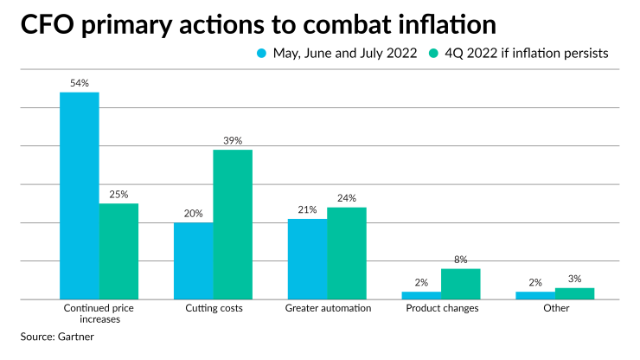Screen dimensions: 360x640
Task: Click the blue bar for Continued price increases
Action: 79,196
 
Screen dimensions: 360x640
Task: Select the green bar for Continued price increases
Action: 118,251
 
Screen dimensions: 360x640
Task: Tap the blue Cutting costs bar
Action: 193,260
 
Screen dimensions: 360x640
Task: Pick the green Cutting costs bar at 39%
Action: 233,224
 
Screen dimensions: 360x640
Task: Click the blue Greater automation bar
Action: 307,259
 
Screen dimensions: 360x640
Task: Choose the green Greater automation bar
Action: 347,253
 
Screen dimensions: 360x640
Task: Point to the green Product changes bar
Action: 461,283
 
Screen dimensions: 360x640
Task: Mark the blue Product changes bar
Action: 421,295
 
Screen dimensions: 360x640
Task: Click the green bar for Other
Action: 575,293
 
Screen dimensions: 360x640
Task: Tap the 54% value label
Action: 79,83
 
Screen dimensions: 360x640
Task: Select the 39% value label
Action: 233,140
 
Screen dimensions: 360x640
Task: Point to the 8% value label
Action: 461,259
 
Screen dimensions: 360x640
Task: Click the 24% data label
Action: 347,198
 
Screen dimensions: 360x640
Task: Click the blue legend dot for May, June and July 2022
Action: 262,54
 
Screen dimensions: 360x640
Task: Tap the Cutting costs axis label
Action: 214,307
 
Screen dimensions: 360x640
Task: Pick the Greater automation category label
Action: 328,307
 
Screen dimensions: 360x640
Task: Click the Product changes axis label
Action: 441,307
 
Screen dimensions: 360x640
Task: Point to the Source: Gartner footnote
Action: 57,337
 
